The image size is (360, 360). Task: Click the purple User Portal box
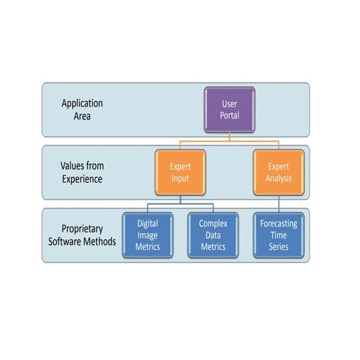tap(229, 109)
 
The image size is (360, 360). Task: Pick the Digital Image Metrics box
tap(148, 235)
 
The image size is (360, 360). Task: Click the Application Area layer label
tap(82, 109)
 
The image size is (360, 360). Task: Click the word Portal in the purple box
tap(229, 115)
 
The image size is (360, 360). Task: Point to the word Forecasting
tap(278, 223)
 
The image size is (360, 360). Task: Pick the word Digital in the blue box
tap(148, 223)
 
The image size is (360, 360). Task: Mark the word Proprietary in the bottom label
tap(82, 229)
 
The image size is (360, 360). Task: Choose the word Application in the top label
tap(82, 103)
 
